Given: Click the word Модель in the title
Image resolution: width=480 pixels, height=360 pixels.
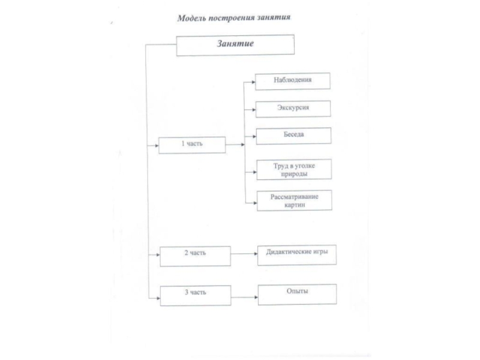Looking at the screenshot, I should click(191, 18).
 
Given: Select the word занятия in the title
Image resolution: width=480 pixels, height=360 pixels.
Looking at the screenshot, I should click(271, 18).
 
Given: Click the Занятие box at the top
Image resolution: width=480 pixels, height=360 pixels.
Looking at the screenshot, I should click(235, 45).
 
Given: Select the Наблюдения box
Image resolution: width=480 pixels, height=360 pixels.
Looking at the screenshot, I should click(293, 80).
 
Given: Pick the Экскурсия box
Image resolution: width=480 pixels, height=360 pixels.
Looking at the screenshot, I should click(293, 108).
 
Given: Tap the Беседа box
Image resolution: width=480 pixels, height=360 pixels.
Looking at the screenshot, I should click(293, 135).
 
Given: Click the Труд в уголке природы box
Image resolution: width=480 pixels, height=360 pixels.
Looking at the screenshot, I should click(294, 169).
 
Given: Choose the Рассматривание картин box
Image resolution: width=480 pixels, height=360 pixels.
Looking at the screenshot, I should click(294, 200).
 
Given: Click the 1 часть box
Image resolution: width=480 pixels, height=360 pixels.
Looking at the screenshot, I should click(192, 145).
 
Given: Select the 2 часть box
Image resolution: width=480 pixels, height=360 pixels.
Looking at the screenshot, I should click(194, 256).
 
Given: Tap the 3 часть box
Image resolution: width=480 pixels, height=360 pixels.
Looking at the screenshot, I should click(194, 294).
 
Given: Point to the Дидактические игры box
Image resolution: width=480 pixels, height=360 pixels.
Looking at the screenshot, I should click(297, 254).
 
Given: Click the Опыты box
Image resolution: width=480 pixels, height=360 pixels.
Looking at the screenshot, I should click(297, 293).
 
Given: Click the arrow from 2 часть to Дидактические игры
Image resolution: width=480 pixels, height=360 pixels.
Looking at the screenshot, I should click(244, 255).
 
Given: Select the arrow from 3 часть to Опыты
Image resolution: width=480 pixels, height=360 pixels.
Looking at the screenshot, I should click(244, 295).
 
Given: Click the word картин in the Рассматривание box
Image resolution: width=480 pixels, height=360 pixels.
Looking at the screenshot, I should click(295, 205).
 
